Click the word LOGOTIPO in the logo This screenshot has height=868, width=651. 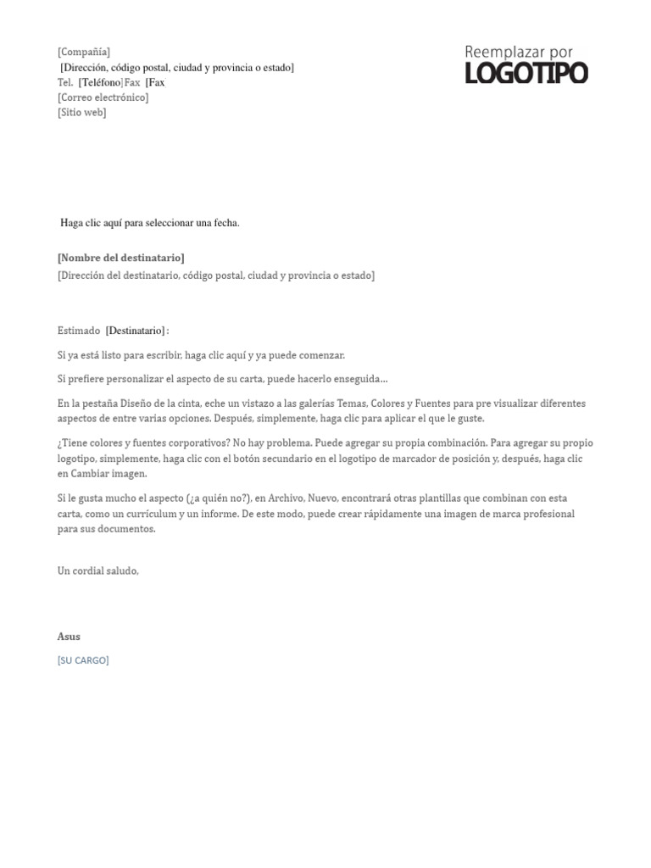526,74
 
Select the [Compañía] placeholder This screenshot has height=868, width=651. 84,53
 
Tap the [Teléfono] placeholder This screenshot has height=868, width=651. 100,83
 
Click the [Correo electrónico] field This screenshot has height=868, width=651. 103,97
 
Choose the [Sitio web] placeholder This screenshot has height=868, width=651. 82,113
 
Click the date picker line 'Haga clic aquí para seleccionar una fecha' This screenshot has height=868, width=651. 150,223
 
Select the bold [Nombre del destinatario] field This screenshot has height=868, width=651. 120,258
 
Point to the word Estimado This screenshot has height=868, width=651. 78,331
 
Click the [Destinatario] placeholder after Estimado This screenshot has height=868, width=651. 136,331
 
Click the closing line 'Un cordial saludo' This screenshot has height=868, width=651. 97,571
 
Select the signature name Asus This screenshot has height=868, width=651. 69,637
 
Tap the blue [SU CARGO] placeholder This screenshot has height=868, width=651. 83,660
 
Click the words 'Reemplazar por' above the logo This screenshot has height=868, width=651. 519,53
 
